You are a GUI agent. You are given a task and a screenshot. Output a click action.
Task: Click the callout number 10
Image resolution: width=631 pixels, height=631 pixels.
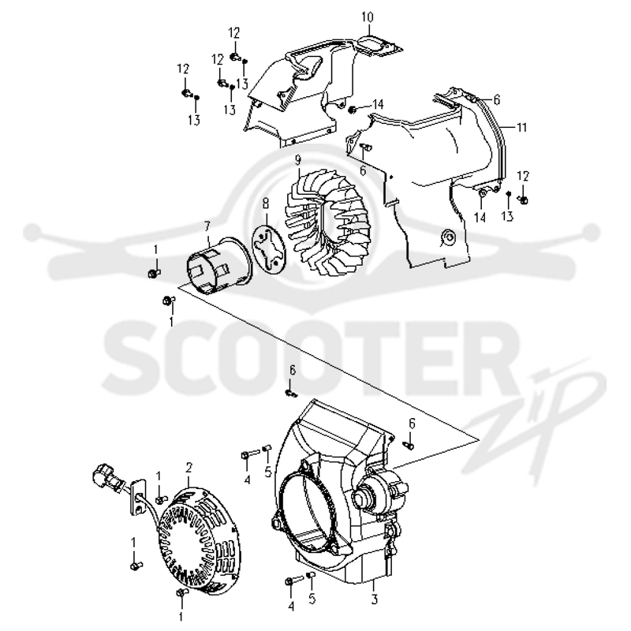[x=368, y=17]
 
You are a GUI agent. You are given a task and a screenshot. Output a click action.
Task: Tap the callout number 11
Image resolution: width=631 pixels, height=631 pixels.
[x=521, y=128]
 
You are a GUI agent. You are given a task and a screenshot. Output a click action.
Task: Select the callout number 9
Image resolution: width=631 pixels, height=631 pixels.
[x=298, y=161]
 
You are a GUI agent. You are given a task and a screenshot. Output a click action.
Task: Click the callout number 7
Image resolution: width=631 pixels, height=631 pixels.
[x=207, y=228]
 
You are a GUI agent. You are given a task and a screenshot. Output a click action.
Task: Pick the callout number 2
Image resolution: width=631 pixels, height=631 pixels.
[x=189, y=468]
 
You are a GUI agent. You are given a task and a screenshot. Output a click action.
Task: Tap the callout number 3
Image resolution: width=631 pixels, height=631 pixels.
[x=374, y=599]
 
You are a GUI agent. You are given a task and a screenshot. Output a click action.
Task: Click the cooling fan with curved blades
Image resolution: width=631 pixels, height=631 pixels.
[x=328, y=223]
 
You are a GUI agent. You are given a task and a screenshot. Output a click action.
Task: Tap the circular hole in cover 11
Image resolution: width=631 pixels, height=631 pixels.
[x=448, y=237]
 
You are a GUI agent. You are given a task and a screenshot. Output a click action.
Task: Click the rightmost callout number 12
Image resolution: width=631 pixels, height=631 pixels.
[x=523, y=177]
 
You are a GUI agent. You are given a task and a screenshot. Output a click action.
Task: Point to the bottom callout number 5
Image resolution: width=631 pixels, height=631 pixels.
[x=312, y=599]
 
